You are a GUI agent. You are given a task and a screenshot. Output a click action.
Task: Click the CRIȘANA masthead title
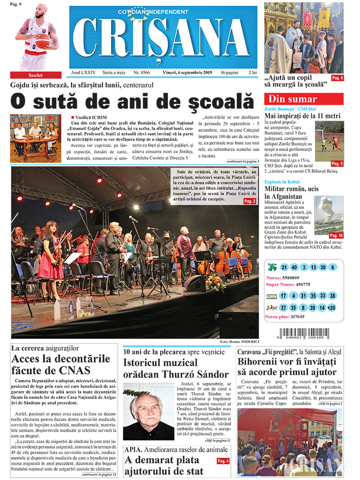tap(163, 39)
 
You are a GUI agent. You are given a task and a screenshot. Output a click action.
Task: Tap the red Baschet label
tap(36, 75)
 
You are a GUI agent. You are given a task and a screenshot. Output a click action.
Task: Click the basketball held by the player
tap(43, 41)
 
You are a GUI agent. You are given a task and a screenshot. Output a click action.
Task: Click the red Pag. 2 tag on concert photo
tap(250, 201)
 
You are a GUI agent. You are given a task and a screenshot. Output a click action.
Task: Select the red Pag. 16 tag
tap(336, 235)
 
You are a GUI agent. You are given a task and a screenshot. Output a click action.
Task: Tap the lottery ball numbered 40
tap(294, 267)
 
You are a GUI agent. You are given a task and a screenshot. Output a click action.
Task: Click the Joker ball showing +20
tap(332, 308)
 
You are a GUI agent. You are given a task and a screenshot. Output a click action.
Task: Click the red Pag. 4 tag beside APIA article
tap(223, 461)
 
